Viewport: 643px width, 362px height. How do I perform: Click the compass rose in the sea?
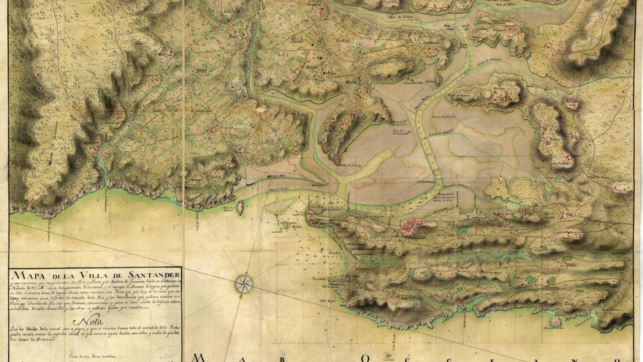coord(244,283)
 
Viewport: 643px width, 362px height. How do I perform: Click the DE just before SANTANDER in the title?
coord(116,274)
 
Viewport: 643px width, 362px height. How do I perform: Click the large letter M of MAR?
coord(198,358)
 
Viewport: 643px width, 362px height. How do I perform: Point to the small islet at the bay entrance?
coord(240,208)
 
